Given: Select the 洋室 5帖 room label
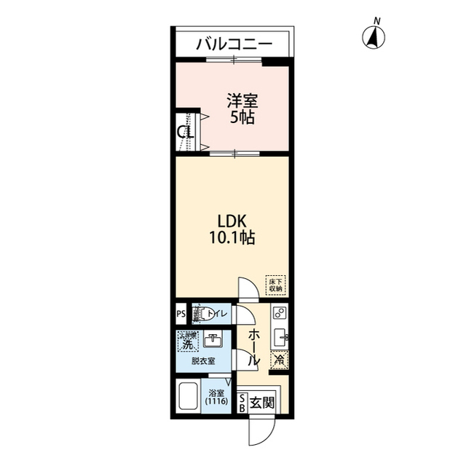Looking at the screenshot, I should (x=242, y=108).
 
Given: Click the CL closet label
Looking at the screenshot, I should (x=186, y=133).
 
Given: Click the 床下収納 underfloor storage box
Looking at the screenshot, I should (x=275, y=285).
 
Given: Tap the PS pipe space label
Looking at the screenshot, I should (x=180, y=315).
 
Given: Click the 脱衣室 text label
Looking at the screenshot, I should (x=203, y=361).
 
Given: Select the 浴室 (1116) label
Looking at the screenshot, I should (x=216, y=398).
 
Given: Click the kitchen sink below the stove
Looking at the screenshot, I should (x=280, y=339).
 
